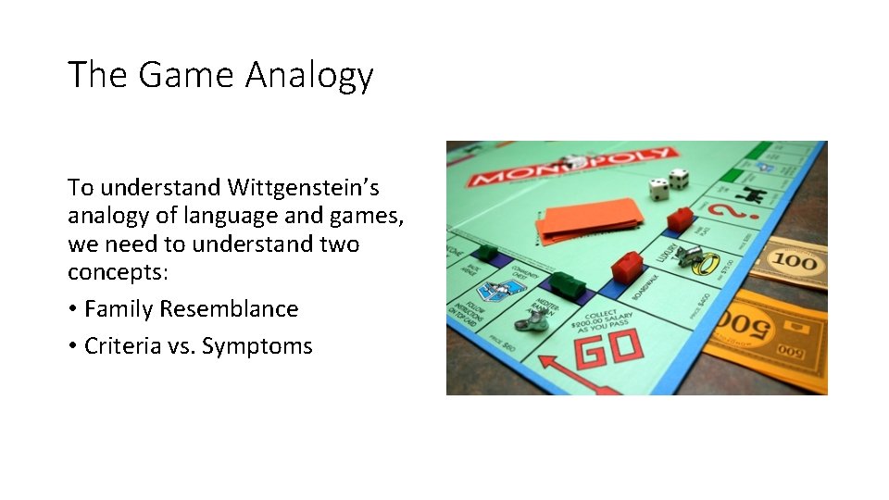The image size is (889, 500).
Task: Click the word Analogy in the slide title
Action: (308, 76)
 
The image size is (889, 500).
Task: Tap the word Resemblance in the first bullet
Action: (229, 309)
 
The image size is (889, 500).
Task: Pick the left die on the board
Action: (658, 189)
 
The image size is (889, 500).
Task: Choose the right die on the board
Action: (679, 178)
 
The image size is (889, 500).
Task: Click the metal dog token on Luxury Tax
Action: (686, 256)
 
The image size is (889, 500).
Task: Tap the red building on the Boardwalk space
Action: (627, 266)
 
